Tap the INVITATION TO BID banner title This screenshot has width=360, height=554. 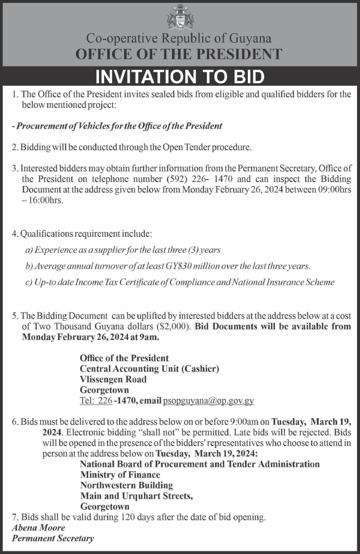point(180,77)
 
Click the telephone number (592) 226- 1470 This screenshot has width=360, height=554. point(200,179)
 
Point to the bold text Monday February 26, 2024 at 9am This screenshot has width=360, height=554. point(90,337)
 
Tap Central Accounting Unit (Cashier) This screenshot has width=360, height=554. point(149,369)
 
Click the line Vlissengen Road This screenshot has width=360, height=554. point(113,379)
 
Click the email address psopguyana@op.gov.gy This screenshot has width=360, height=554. point(208,401)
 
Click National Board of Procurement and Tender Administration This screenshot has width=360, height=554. point(200,464)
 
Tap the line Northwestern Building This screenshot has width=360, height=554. point(126,485)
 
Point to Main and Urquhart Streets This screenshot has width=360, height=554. point(136,496)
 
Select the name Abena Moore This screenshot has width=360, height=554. point(38,528)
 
